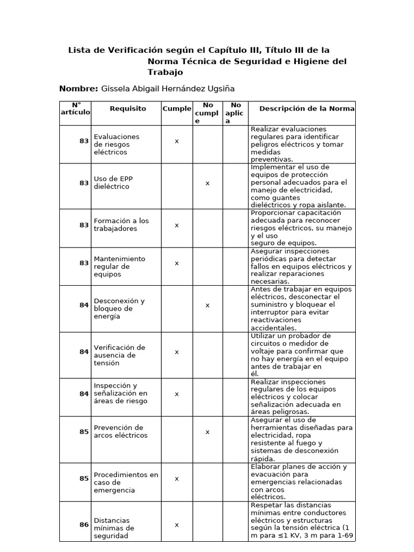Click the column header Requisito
point(128,108)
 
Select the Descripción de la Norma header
point(307,108)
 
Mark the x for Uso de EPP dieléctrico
point(208,183)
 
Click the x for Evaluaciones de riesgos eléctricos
point(177,141)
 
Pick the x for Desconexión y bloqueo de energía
point(208,305)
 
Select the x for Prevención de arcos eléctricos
point(208,432)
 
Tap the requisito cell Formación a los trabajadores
point(121,225)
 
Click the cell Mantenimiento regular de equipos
point(119,266)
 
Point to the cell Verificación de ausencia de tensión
point(119,355)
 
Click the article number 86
point(84,525)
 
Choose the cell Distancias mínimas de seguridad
point(114,528)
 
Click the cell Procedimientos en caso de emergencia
point(126,482)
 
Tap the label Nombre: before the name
point(79,88)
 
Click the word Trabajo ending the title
point(165,72)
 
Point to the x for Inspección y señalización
point(177,394)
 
